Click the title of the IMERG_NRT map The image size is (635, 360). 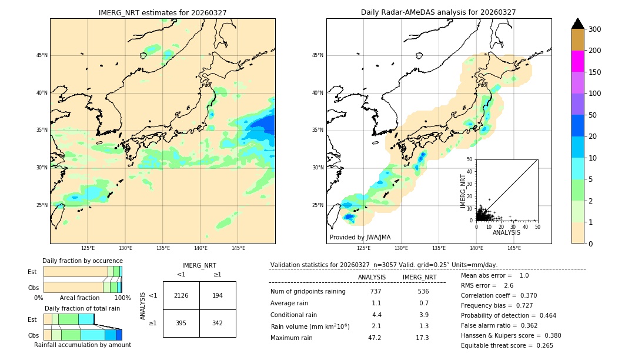point(162,12)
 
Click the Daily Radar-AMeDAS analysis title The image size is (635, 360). point(438,12)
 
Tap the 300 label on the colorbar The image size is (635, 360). point(595,29)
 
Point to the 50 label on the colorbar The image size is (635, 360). point(593,115)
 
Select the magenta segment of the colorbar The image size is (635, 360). point(577,61)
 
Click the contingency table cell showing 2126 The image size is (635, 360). point(181,295)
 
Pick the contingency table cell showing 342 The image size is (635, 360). point(218,323)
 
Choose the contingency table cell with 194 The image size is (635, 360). point(218,295)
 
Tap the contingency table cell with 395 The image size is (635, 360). point(181,323)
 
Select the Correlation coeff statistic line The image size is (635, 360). point(499,296)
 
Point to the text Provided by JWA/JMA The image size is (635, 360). point(360,238)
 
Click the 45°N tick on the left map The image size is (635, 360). point(41,55)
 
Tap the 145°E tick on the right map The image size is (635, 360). point(514,248)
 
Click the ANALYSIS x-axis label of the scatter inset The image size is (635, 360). point(506,233)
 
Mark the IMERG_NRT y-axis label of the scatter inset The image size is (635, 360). point(463,190)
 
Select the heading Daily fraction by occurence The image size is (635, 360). point(82,261)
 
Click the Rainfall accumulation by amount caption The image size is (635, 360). point(82,345)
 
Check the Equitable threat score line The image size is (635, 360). point(507,345)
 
